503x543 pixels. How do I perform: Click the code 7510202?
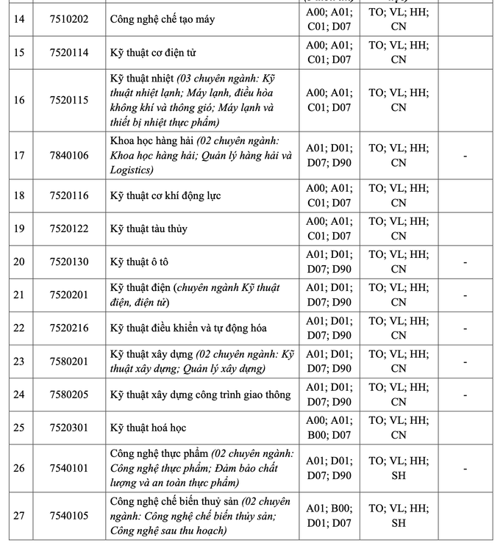(x=68, y=19)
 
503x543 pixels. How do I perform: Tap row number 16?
(x=19, y=100)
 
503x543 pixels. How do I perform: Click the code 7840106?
(x=68, y=156)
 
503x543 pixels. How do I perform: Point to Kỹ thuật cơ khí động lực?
(x=165, y=195)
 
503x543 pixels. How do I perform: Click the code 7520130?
(x=68, y=262)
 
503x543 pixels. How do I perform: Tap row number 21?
(x=19, y=295)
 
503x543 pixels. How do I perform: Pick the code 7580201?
(x=68, y=362)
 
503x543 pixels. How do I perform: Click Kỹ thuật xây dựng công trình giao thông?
(x=200, y=395)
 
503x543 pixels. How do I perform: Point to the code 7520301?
(x=68, y=428)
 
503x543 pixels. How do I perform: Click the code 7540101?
(x=68, y=468)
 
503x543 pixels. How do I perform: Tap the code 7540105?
(x=68, y=516)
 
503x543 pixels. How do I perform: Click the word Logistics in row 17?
(x=132, y=170)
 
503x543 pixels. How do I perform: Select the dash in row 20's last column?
(x=465, y=262)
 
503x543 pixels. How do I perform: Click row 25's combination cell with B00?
(x=329, y=428)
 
